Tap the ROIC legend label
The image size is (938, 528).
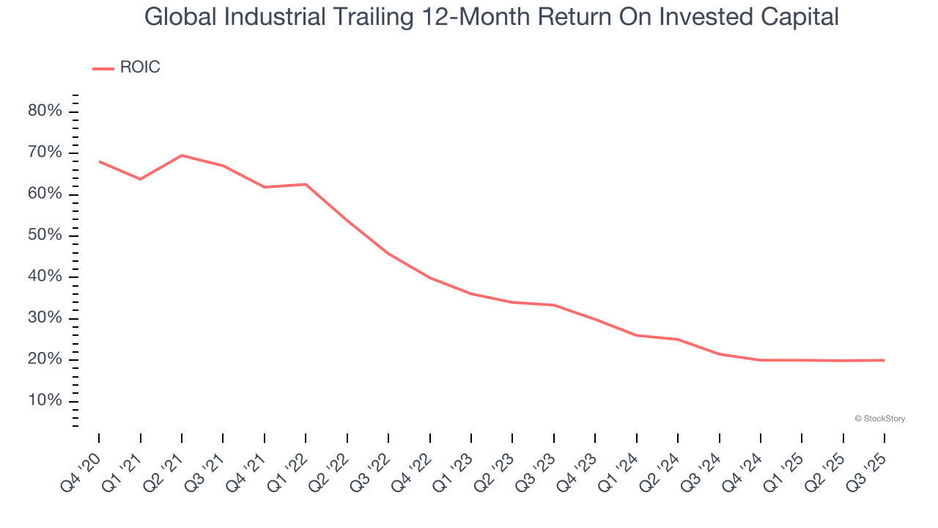click(x=139, y=67)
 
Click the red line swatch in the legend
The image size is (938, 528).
click(x=103, y=68)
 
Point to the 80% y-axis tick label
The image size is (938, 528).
click(x=45, y=111)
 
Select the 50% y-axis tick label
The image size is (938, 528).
click(x=45, y=235)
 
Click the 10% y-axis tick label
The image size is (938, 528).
click(x=45, y=401)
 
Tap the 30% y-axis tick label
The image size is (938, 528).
click(x=45, y=318)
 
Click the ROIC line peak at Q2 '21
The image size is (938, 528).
click(x=182, y=155)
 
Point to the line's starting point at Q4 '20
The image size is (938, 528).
click(x=99, y=161)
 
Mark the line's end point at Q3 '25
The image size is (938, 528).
click(x=884, y=360)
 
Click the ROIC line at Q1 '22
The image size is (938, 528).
click(x=306, y=184)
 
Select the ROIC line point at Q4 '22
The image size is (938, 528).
click(x=429, y=278)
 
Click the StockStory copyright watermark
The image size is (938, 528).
click(x=879, y=419)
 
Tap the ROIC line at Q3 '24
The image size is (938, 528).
click(x=719, y=354)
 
